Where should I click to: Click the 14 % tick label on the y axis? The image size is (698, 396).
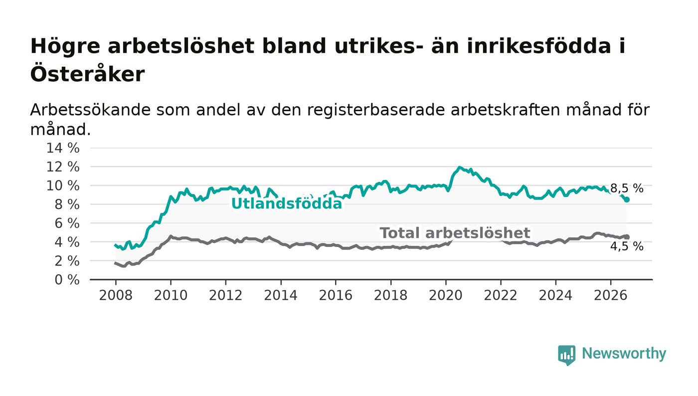point(63,148)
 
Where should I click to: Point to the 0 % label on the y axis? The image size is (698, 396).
point(67,280)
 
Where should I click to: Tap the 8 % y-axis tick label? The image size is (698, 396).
point(67,204)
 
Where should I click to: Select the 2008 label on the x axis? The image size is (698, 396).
point(116,295)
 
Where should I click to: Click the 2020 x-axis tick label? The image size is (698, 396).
point(446,295)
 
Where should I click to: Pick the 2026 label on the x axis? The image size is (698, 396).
point(610,295)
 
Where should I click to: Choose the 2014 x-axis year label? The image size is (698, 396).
point(281,295)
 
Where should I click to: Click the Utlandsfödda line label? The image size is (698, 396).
point(287,203)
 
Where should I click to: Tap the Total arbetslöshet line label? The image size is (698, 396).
point(455,233)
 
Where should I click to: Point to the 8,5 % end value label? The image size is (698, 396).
point(627,189)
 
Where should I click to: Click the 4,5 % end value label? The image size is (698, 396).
point(627,246)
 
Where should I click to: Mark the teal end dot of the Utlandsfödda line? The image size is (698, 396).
point(627,199)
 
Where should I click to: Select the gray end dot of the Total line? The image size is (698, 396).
point(627,237)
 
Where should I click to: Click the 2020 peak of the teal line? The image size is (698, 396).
point(459,168)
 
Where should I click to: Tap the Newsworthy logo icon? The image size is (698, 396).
point(567,355)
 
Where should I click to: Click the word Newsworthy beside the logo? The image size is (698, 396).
point(624,354)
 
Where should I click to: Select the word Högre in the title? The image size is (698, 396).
point(65,47)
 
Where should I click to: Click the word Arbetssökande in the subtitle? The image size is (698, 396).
point(90,110)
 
